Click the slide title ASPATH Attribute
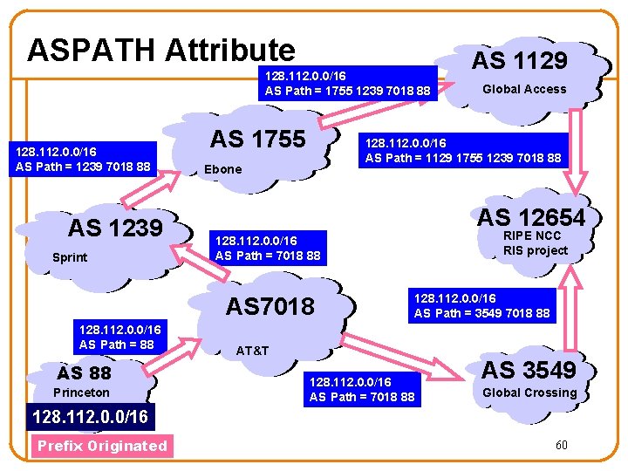point(161,51)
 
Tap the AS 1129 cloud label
point(519,60)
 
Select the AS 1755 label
point(257,139)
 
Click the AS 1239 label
point(115,229)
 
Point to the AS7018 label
point(270,306)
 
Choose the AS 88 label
point(84,372)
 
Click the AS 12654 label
point(530,217)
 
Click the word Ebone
point(222,169)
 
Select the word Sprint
point(70,258)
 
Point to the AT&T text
point(253,351)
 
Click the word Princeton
point(81,392)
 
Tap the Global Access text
point(524,89)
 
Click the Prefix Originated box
point(101,446)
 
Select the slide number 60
point(562,445)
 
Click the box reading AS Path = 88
point(116,338)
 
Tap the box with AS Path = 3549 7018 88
point(481,306)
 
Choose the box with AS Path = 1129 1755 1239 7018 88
point(463,151)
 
